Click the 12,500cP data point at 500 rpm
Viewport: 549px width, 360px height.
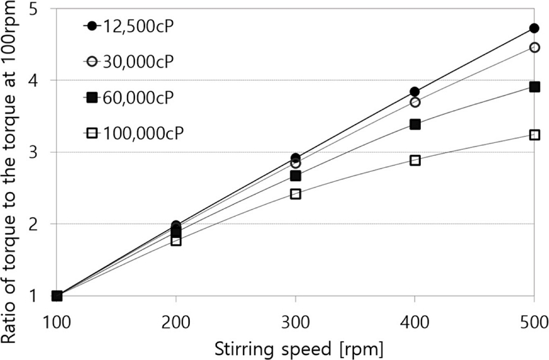pos(534,28)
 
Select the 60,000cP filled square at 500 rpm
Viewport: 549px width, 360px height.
pos(534,87)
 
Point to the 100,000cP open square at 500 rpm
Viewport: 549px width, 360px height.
pos(534,135)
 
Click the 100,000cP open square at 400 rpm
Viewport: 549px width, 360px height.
pos(415,160)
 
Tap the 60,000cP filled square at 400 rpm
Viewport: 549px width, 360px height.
pos(415,124)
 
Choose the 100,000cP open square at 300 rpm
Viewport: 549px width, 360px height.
pos(295,194)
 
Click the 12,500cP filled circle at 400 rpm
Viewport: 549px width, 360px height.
pos(415,92)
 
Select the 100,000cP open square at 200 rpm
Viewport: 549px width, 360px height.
pos(176,241)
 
